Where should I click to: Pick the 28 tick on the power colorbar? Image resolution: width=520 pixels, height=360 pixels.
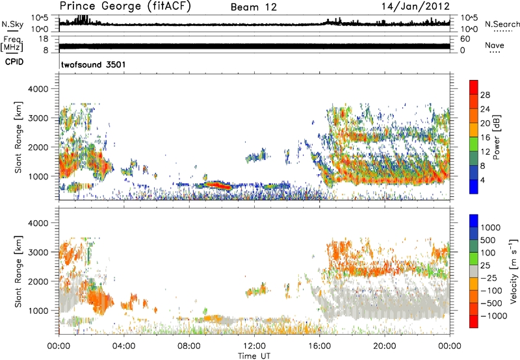[486, 95]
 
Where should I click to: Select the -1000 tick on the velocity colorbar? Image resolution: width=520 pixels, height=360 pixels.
[491, 313]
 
